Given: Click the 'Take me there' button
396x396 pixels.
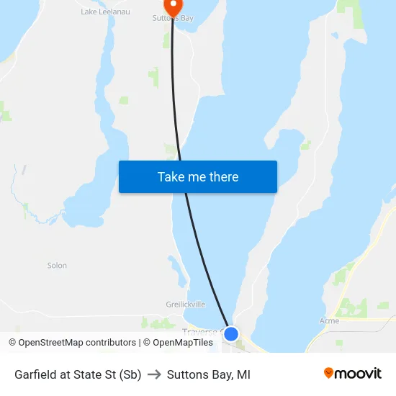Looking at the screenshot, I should [198, 177].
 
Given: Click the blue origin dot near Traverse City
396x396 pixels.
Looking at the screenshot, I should [231, 334].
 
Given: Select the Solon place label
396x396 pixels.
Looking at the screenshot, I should [57, 266].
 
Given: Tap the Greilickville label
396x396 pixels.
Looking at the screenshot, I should [185, 305].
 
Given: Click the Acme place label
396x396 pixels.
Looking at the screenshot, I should [329, 320].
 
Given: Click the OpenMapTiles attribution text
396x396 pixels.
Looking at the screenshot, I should [178, 343].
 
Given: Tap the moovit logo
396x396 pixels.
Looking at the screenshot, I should [352, 374].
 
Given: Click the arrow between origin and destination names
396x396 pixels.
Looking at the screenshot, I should [154, 374].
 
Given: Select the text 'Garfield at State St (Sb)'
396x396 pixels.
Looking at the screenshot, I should [78, 374].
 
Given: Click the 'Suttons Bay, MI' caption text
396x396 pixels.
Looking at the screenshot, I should [209, 374].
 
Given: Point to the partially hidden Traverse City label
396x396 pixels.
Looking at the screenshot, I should [202, 332].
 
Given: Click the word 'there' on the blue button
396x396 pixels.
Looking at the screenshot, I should [222, 177].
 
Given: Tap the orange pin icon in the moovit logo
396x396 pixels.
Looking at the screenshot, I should [328, 373].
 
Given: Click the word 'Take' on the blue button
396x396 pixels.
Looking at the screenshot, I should [171, 177].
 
